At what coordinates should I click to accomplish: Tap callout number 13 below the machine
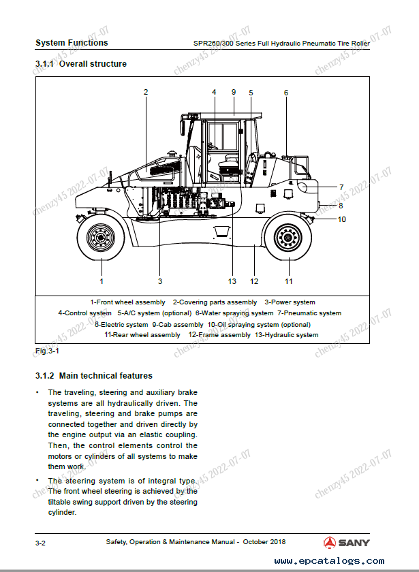point(232,281)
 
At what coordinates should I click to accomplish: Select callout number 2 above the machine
point(146,92)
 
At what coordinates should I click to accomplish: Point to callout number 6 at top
point(286,93)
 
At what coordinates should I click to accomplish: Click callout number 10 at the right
point(342,219)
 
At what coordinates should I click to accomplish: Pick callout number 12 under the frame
point(254,281)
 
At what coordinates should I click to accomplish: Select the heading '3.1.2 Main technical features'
point(93,375)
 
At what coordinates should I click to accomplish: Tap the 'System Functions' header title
point(72,43)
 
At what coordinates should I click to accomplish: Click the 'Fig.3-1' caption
point(47,351)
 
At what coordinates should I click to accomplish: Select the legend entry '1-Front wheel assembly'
point(127,302)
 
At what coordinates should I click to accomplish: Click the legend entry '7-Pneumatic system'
point(309,313)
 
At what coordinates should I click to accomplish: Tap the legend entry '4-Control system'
point(84,313)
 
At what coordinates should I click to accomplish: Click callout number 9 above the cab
point(233,91)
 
